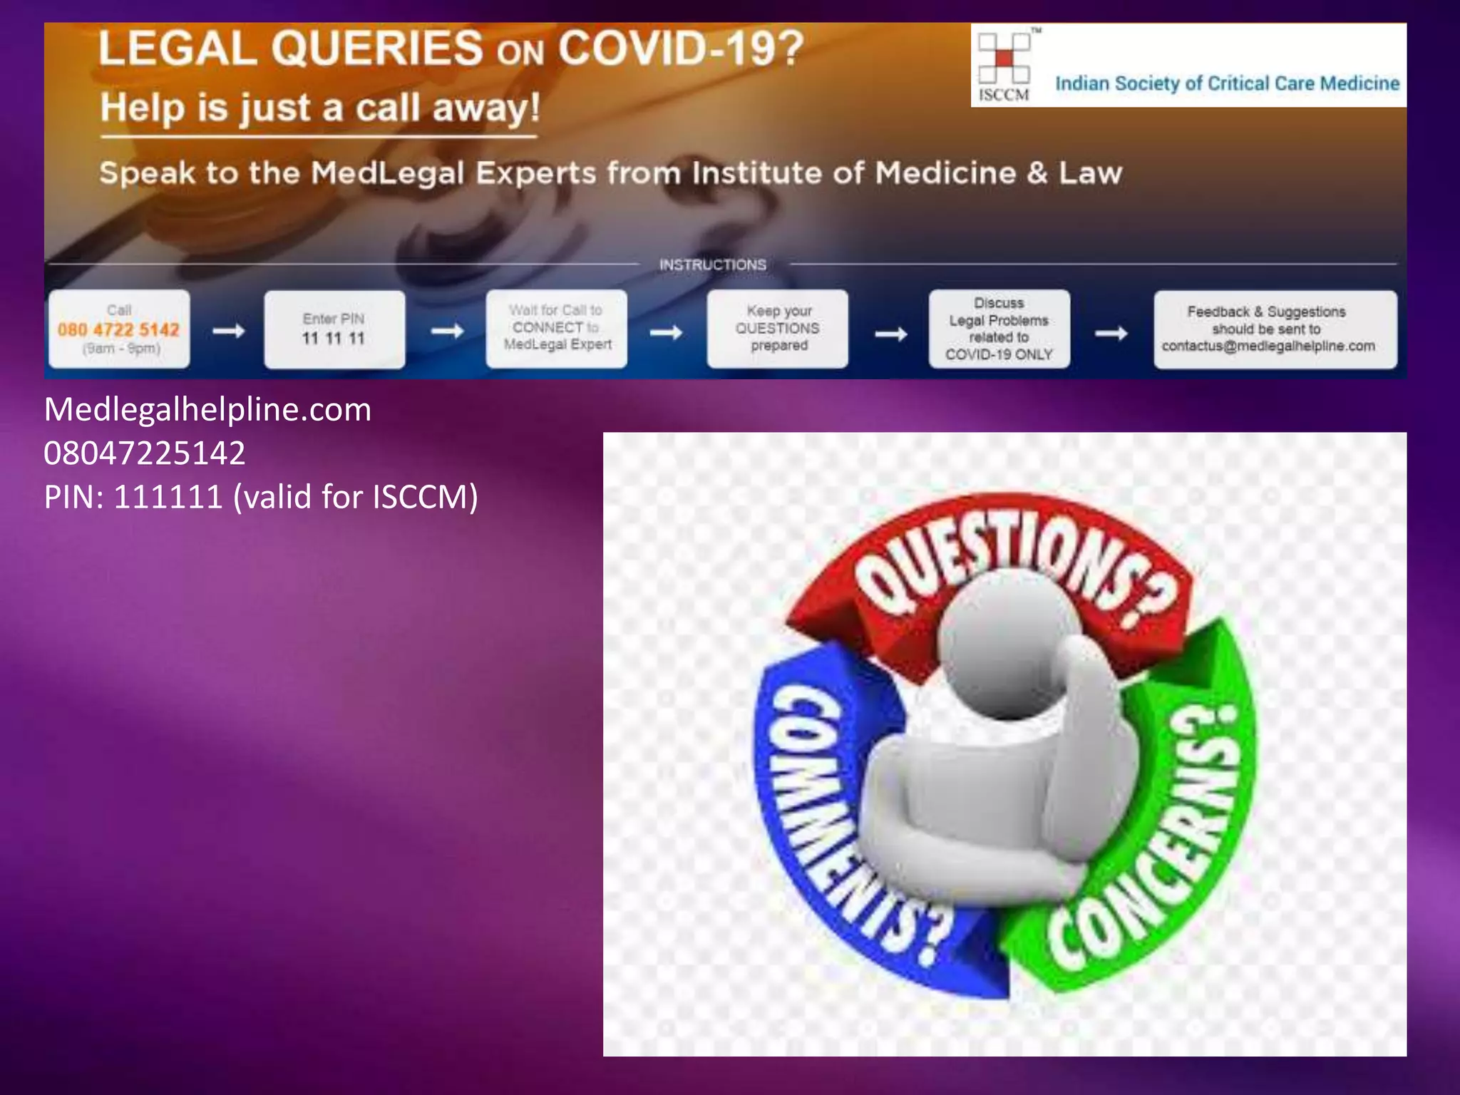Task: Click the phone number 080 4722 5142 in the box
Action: pos(118,330)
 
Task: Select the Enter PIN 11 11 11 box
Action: pos(334,329)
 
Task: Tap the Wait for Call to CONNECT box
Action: pos(557,329)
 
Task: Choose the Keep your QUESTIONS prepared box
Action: pos(778,329)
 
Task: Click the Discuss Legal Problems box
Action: pos(999,329)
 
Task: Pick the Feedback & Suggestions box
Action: pos(1275,329)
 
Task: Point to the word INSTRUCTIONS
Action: pos(712,265)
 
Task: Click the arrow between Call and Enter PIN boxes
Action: pos(229,331)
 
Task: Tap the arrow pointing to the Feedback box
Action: pos(1111,333)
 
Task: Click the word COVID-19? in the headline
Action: pos(680,49)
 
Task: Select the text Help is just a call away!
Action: pos(320,108)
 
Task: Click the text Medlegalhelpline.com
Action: pos(207,410)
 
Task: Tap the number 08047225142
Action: pos(145,453)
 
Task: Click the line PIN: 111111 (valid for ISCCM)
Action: pos(261,497)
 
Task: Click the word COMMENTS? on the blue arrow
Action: pos(848,820)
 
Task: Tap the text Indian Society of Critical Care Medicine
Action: pos(1227,84)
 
